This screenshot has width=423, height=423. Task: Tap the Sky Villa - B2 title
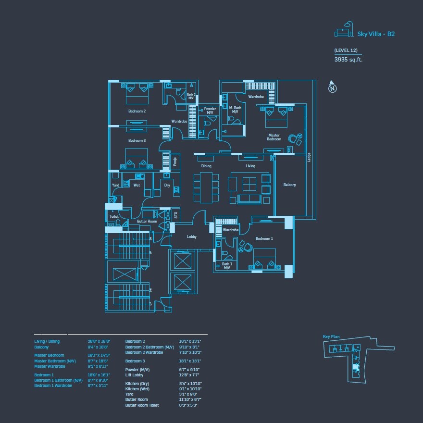click(375, 34)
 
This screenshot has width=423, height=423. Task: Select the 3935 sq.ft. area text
click(348, 60)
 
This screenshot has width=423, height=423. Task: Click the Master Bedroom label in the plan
click(274, 137)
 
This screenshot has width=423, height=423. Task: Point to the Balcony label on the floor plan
click(289, 185)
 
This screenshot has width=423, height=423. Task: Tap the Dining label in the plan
click(206, 166)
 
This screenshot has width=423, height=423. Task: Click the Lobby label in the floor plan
click(191, 236)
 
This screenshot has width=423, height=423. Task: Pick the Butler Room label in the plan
click(147, 221)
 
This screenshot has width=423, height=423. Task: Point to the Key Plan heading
click(331, 337)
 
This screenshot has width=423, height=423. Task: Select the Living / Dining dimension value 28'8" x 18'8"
click(99, 341)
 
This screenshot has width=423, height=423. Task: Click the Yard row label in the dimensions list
click(129, 394)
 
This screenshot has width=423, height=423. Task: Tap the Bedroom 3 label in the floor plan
click(137, 140)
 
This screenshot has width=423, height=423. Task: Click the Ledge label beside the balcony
click(309, 157)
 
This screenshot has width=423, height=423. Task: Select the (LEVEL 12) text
click(346, 50)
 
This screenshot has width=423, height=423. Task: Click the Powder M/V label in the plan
click(210, 111)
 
